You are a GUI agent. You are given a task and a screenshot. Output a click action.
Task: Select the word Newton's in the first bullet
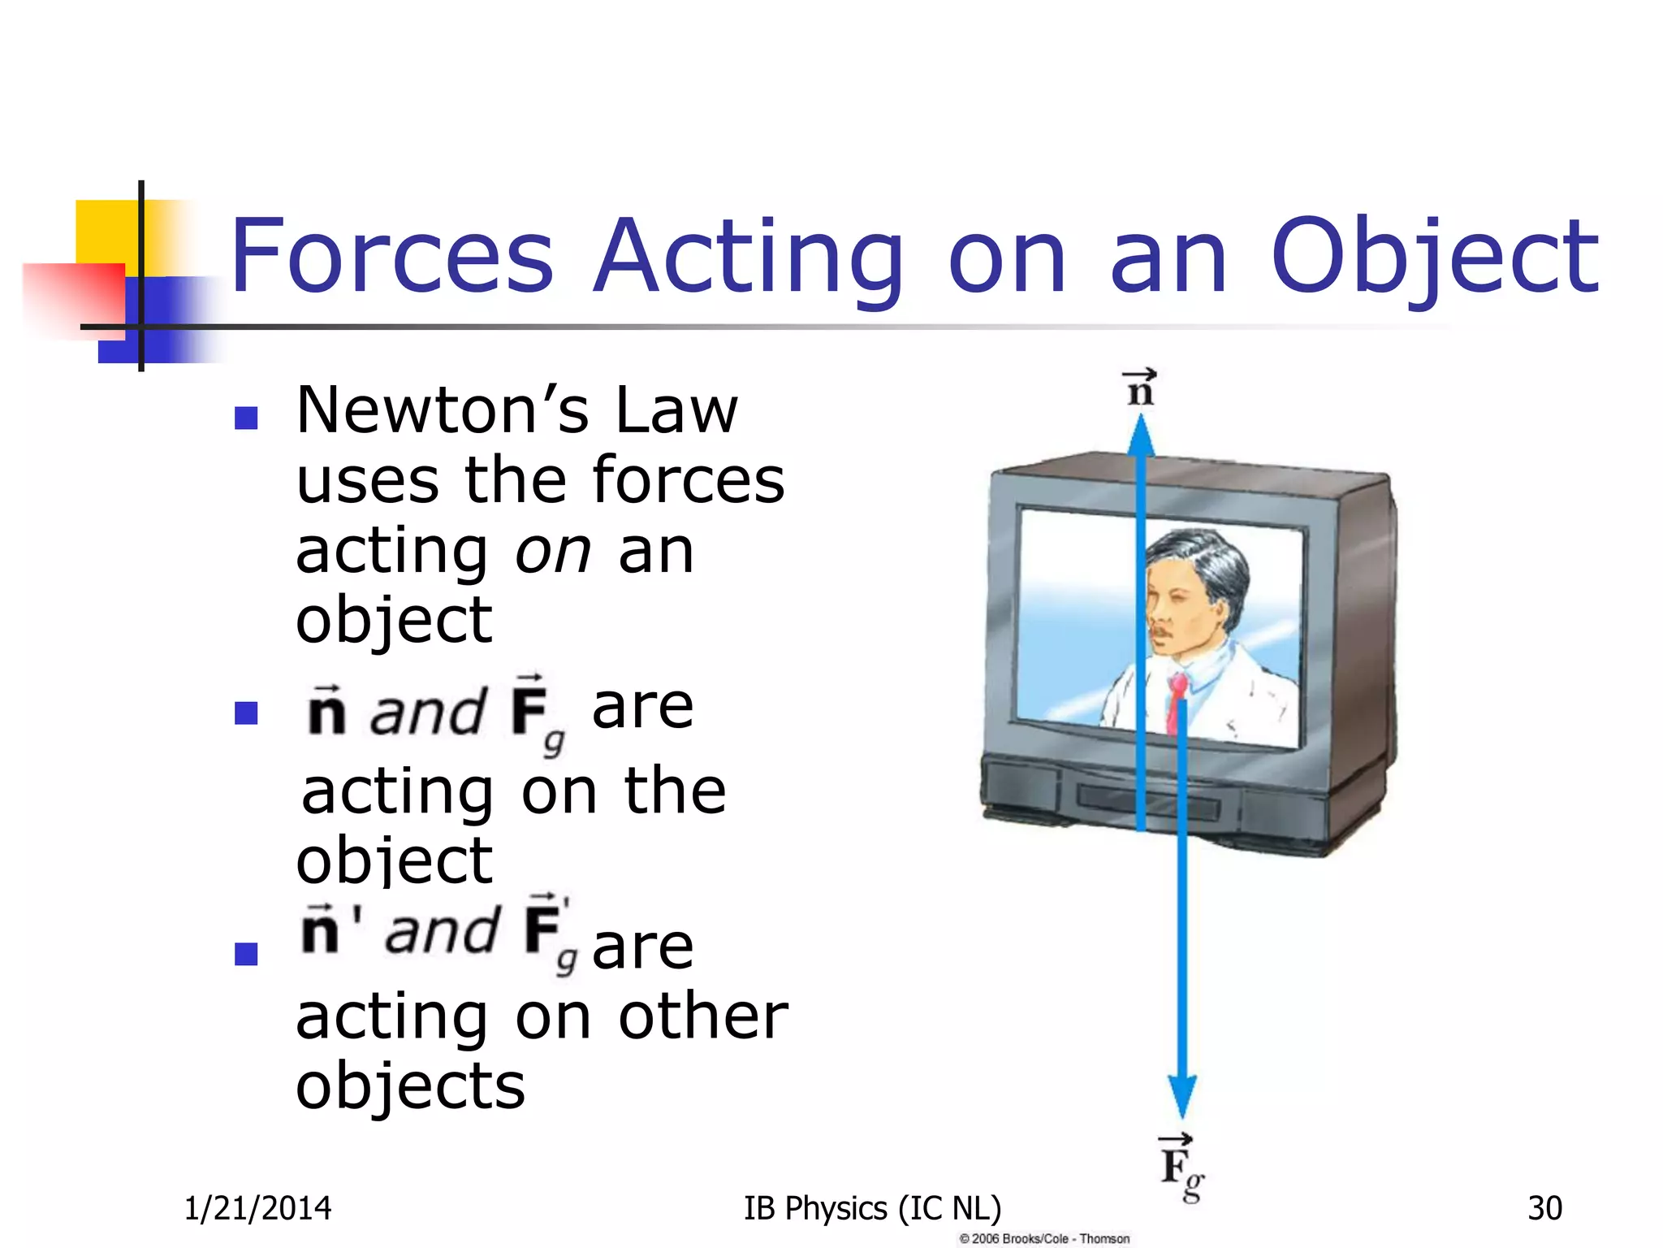coord(443,410)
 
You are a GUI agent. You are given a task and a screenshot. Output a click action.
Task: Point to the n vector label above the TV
coord(1140,388)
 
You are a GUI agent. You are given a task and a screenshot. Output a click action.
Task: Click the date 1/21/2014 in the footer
coord(257,1208)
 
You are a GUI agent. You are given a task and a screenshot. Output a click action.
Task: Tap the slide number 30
coord(1544,1208)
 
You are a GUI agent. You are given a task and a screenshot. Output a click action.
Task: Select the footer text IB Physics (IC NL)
coord(872,1208)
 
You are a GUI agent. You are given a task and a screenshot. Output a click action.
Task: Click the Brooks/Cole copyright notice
coord(1044,1238)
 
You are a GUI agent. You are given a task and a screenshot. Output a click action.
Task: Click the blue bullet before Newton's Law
coord(245,418)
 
